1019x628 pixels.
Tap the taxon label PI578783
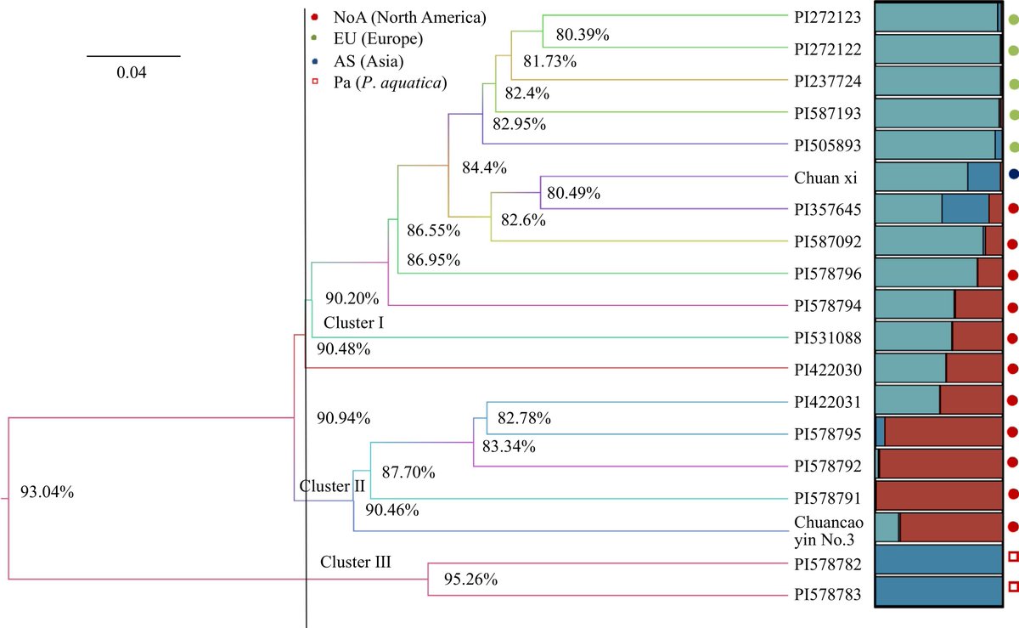click(x=828, y=597)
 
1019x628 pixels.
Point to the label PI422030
click(x=828, y=370)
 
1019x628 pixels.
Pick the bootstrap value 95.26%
click(x=470, y=580)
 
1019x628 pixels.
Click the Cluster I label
click(x=354, y=323)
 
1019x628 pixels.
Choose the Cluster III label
click(x=355, y=562)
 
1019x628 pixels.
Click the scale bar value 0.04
click(x=132, y=73)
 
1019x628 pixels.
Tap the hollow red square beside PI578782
click(x=1012, y=557)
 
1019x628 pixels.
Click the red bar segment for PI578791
click(x=939, y=495)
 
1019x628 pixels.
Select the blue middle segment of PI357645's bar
click(x=965, y=208)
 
